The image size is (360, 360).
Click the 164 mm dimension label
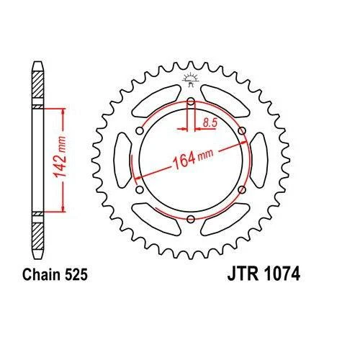pyautogui.click(x=193, y=158)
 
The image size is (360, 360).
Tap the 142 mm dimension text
pyautogui.click(x=60, y=158)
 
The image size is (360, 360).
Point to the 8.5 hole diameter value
pyautogui.click(x=210, y=122)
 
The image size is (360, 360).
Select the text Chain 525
pyautogui.click(x=55, y=274)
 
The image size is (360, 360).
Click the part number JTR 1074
pyautogui.click(x=264, y=274)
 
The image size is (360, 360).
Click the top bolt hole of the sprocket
pyautogui.click(x=191, y=102)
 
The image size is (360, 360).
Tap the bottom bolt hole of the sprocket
pyautogui.click(x=191, y=219)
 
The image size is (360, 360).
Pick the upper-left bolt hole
pyautogui.click(x=140, y=131)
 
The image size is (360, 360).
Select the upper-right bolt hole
pyautogui.click(x=242, y=131)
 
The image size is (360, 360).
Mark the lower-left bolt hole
pyautogui.click(x=140, y=189)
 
